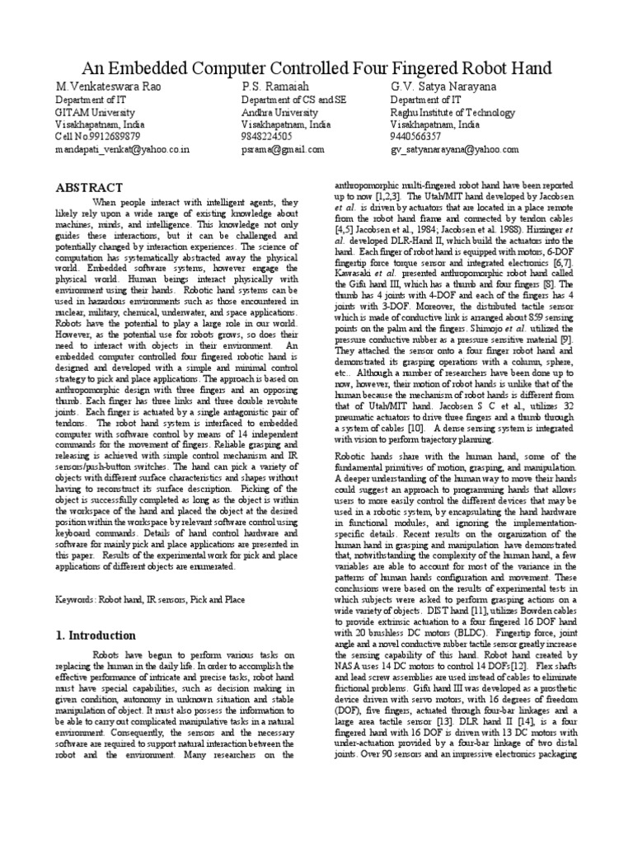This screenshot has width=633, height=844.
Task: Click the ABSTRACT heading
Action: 88,188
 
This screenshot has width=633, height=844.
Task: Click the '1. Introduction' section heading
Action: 96,635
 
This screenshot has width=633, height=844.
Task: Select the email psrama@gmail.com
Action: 283,150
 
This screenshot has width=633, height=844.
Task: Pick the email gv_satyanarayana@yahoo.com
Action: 454,150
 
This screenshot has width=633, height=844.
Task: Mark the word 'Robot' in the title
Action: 478,67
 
